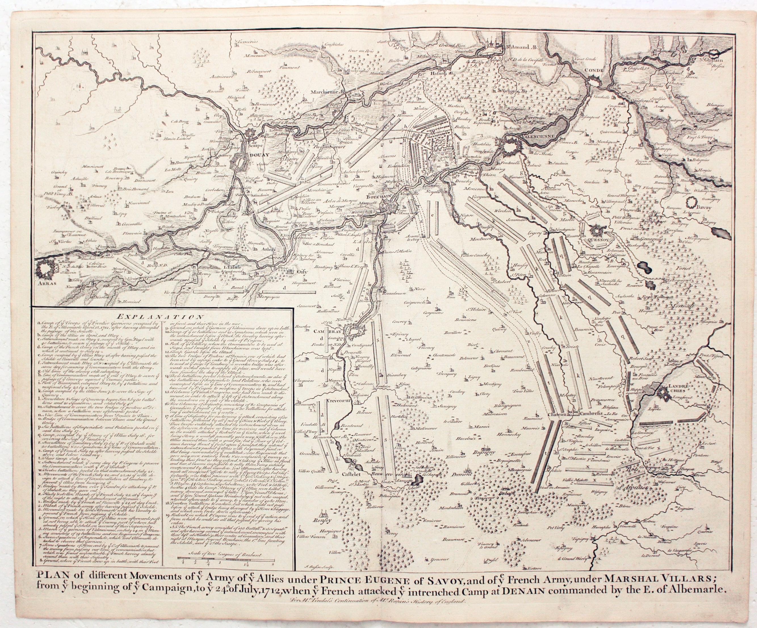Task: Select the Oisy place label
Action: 301,272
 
